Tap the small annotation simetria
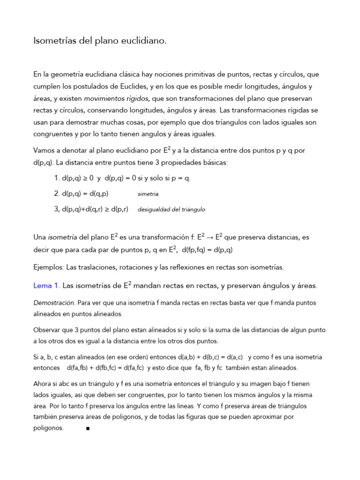tap(148, 194)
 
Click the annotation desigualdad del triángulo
tap(172, 210)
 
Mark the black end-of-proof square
tap(88, 428)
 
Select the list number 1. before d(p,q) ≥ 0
tap(57, 179)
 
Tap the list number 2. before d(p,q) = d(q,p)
tap(57, 194)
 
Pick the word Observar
tap(46, 330)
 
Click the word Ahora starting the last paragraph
tap(43, 383)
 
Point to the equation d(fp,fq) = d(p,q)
tap(207, 250)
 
